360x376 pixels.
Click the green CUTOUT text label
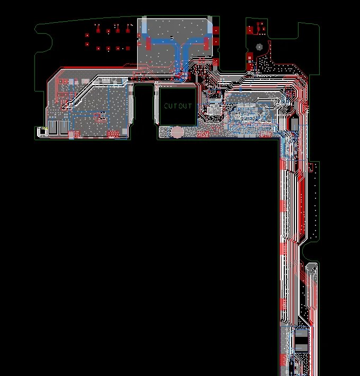178,106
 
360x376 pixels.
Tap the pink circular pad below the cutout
177,132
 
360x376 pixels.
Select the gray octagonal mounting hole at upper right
259,47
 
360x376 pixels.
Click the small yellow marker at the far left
38,129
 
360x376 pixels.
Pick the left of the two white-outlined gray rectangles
53,127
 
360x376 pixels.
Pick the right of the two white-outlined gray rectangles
65,127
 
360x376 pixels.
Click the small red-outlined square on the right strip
311,168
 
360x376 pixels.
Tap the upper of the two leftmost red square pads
87,36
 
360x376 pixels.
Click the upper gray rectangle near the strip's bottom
300,333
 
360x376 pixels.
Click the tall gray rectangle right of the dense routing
294,124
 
